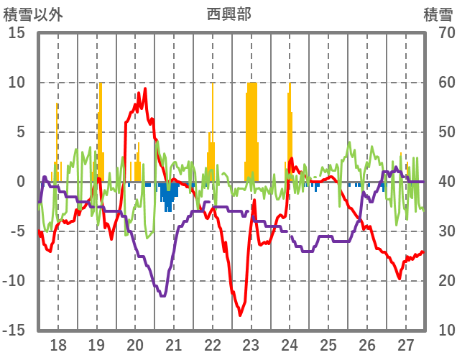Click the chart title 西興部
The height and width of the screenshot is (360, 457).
point(228,14)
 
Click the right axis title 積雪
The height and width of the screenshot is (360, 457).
point(438,14)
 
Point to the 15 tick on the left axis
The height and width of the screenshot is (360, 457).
point(17,33)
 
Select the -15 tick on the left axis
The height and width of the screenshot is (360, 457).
point(14,330)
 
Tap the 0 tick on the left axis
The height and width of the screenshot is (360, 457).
point(21,182)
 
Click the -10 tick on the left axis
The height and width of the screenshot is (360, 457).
point(14,280)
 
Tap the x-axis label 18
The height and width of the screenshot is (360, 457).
point(58,344)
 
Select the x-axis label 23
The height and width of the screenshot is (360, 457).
point(251,344)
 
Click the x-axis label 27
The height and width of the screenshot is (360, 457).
point(406,344)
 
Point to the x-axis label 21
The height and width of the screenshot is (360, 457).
point(173,344)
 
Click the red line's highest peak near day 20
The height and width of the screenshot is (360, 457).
point(145,89)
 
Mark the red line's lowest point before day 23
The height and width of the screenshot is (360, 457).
point(241,315)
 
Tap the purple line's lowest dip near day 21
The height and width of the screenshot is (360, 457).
point(163,295)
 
